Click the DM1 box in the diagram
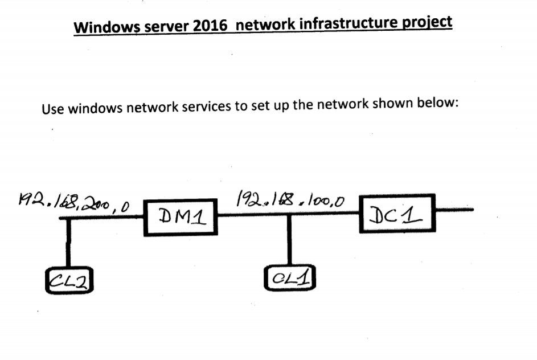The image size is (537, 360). pos(181,216)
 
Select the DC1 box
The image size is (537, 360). pos(397,214)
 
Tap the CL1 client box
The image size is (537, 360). pos(290,279)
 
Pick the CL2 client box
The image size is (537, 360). pos(68,279)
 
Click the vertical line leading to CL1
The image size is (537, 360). pos(289,240)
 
